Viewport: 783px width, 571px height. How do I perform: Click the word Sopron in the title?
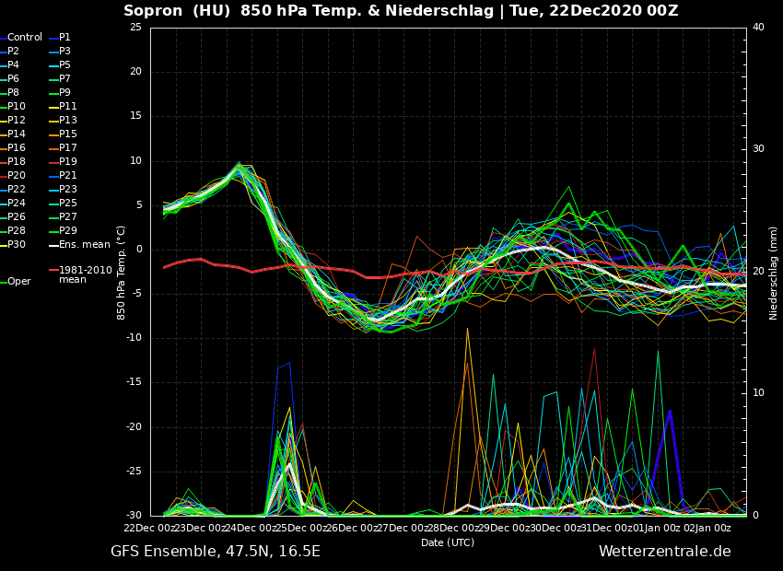152,11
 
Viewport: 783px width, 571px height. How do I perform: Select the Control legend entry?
24,38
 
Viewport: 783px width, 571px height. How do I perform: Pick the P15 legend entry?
67,134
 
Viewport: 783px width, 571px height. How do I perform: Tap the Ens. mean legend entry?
84,245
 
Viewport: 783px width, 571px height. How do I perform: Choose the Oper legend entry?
18,282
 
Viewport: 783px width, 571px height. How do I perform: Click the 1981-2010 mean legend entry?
85,274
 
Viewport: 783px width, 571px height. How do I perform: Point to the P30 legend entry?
17,245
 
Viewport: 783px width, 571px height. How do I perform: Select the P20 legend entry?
17,176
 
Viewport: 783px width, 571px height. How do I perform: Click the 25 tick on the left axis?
135,27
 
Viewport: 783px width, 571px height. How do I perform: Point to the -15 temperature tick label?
133,382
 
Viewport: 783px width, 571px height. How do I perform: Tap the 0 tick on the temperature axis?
138,250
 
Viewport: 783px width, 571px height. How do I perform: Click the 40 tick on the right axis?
758,27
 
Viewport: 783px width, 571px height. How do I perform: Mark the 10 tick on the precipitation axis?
758,393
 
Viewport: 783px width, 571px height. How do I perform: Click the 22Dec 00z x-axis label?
149,528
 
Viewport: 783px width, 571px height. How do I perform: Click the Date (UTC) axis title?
448,542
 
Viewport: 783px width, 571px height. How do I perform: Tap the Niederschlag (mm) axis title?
774,273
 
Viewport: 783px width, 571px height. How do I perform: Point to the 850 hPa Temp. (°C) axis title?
122,273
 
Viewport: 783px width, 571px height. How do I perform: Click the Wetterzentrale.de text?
664,552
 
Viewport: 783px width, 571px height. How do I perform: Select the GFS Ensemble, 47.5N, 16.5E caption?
216,552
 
